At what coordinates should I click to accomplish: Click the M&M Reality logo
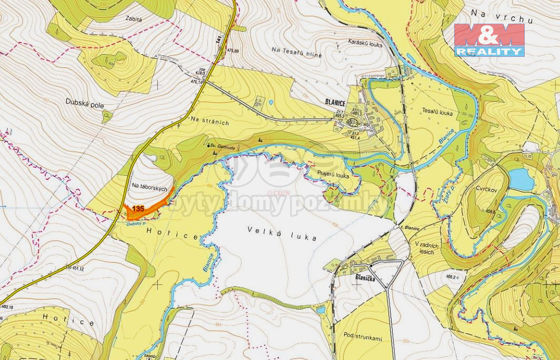click(489, 39)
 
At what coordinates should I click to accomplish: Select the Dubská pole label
click(85, 103)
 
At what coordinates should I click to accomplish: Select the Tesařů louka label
click(437, 112)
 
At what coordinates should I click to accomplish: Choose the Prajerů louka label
click(333, 174)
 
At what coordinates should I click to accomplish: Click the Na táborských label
click(149, 187)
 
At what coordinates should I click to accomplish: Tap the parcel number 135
click(138, 209)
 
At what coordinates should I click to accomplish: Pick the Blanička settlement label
click(367, 276)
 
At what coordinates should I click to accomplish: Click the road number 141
click(219, 39)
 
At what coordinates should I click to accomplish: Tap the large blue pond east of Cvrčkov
click(521, 179)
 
